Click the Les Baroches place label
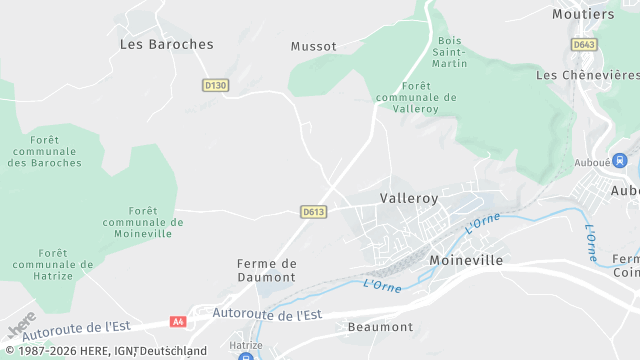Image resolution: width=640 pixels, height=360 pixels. point(166,44)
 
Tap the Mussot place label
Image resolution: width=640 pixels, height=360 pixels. point(313,46)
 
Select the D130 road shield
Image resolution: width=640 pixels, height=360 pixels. point(215,86)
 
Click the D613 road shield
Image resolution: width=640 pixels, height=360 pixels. point(313,211)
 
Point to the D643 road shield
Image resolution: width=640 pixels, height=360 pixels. point(584,45)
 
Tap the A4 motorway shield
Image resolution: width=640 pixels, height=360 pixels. point(178,322)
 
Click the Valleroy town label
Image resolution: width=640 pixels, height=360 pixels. point(409,198)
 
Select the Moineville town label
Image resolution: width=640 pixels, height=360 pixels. point(465,260)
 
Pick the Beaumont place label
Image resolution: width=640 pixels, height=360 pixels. point(380,327)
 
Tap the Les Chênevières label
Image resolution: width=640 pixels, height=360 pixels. point(587,75)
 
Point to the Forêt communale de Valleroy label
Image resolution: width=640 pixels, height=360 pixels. point(416,98)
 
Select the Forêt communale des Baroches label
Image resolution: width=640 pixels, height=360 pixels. point(43,150)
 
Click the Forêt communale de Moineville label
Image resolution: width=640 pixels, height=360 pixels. point(143,222)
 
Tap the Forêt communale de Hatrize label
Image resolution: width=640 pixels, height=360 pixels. point(52,264)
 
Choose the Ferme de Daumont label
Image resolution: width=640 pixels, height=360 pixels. point(267,270)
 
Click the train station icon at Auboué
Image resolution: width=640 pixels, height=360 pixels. point(620,160)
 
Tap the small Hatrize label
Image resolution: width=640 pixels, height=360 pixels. point(245,344)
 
